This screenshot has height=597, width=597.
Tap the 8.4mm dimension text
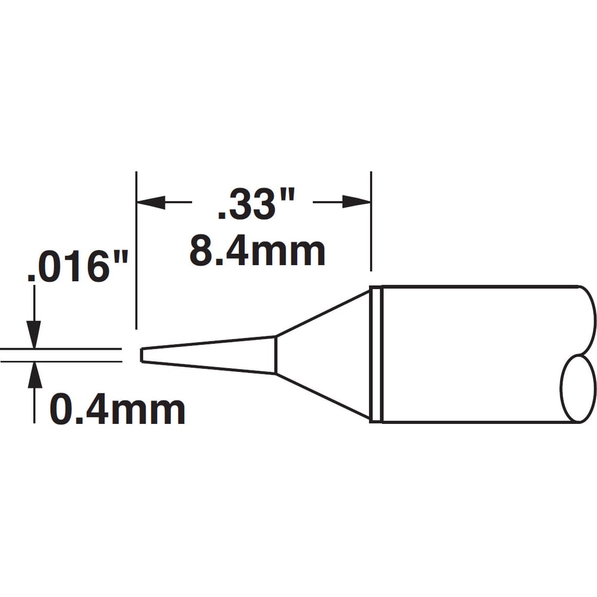(257, 251)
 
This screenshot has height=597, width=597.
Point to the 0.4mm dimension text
(117, 410)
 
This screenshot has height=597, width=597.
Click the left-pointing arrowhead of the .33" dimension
(151, 202)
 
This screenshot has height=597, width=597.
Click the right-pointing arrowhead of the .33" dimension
(356, 202)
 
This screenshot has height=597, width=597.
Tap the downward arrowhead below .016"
(34, 334)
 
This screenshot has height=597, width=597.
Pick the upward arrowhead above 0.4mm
(34, 375)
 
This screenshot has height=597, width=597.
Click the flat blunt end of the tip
(141, 355)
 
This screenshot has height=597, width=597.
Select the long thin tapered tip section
(208, 355)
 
